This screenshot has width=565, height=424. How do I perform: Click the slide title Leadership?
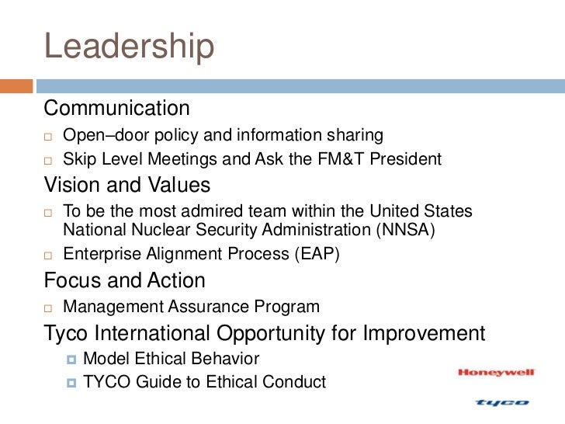click(129, 47)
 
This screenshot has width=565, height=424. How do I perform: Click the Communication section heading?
click(116, 108)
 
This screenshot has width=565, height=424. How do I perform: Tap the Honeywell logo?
click(497, 373)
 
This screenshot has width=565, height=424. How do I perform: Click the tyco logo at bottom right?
click(501, 402)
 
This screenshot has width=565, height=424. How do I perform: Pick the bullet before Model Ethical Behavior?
click(72, 360)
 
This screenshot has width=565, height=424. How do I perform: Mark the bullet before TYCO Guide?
click(72, 383)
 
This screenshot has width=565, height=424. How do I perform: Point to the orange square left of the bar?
click(16, 86)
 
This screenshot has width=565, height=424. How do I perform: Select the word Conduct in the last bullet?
click(296, 382)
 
